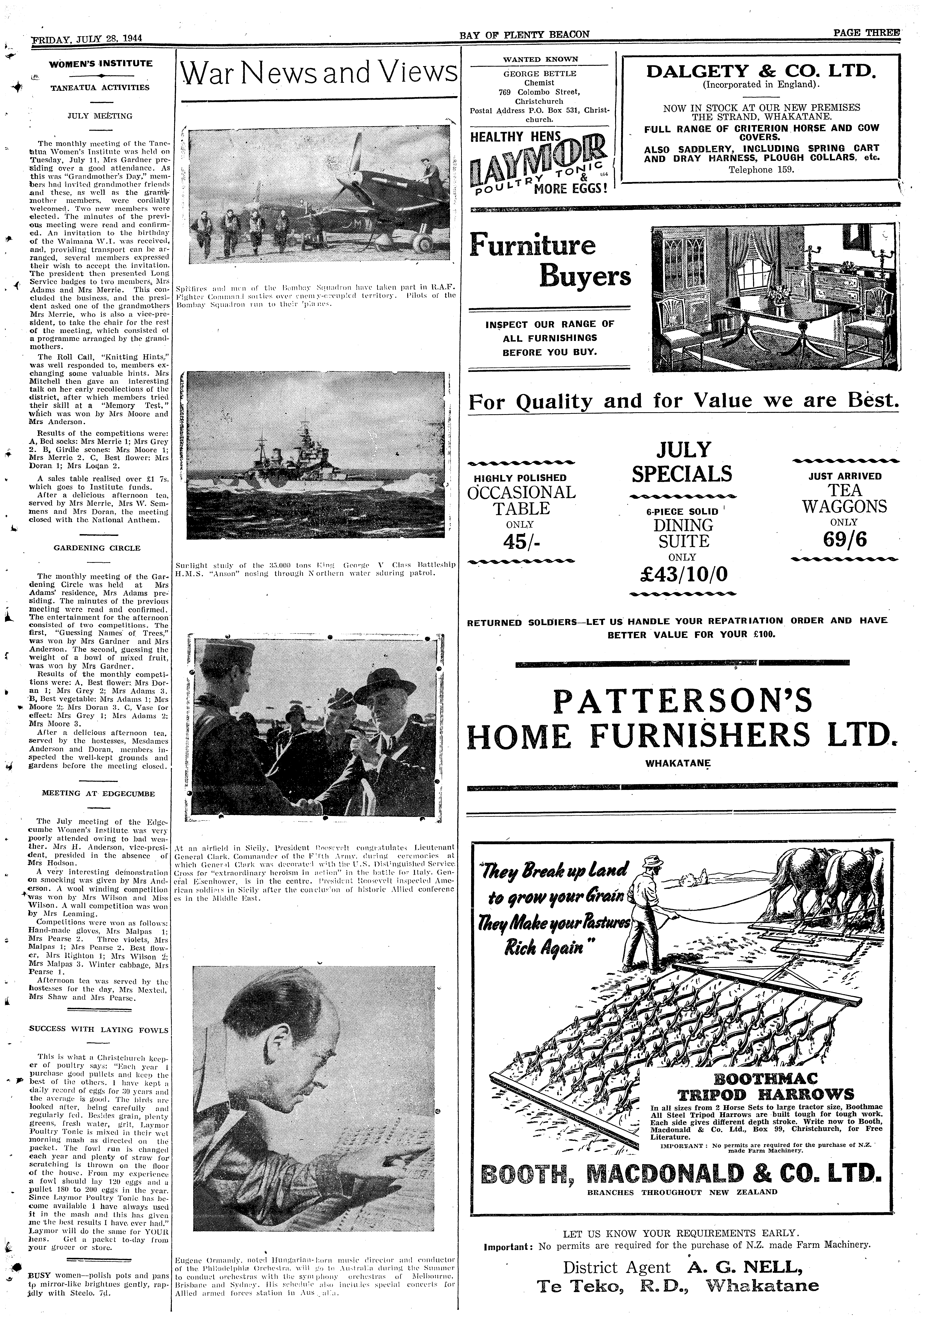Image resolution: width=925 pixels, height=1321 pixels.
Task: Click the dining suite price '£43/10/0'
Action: pyautogui.click(x=682, y=574)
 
